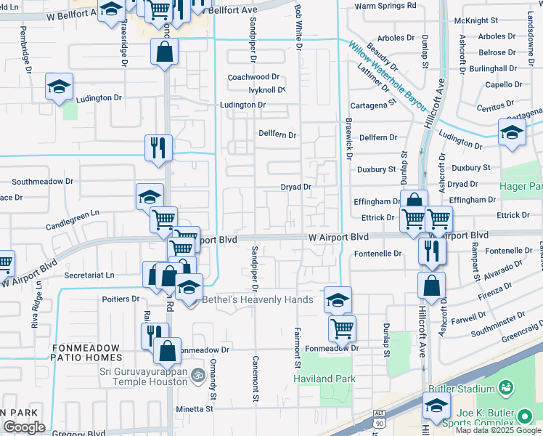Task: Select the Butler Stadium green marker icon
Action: (x=506, y=389)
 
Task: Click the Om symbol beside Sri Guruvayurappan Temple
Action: (x=195, y=376)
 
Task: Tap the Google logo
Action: (x=24, y=427)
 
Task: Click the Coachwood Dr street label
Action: (x=253, y=77)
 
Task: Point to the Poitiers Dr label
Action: (x=121, y=299)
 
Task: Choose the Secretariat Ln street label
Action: (x=89, y=275)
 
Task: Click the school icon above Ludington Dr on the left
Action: (x=59, y=86)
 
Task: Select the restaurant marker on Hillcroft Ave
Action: (x=431, y=251)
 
